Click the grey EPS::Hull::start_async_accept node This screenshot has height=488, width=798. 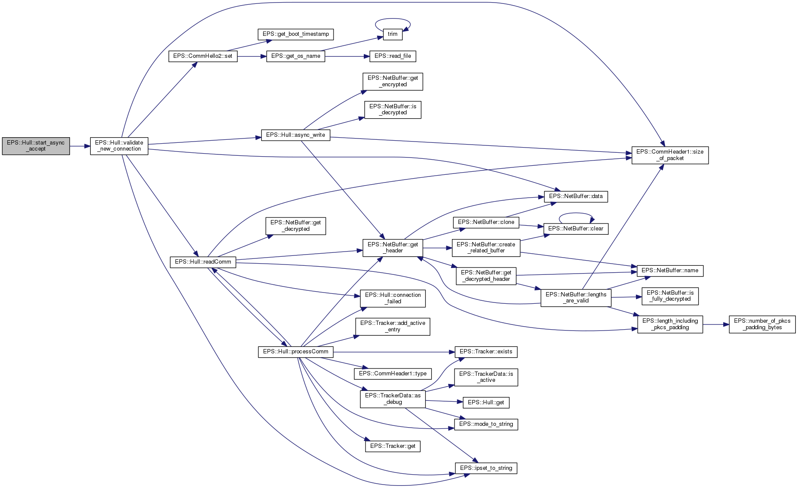coord(36,146)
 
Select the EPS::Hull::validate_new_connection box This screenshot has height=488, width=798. coord(119,146)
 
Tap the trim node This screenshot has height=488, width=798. coord(392,34)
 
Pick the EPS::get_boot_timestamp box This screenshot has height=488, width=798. coord(296,34)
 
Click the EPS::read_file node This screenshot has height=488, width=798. coord(392,56)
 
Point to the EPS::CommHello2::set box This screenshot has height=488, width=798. coord(203,56)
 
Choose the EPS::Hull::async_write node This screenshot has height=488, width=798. coord(296,135)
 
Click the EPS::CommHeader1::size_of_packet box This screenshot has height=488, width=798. coord(670,155)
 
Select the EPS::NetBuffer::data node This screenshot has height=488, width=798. coord(575,196)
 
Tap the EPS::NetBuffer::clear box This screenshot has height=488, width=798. coord(575,229)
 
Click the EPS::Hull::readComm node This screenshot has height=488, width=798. coord(203,262)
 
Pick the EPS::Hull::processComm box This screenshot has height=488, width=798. coord(296,352)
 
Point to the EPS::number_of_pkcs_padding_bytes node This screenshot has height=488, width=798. coord(762,324)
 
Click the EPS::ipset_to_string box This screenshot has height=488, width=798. coord(486,468)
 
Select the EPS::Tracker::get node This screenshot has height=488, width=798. coord(392,446)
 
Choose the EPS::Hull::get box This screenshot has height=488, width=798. coord(486,403)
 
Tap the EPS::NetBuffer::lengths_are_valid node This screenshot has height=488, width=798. coord(575,298)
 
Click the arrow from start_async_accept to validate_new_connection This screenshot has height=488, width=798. coord(80,146)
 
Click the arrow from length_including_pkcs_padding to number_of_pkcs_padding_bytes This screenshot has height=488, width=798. coord(716,324)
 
